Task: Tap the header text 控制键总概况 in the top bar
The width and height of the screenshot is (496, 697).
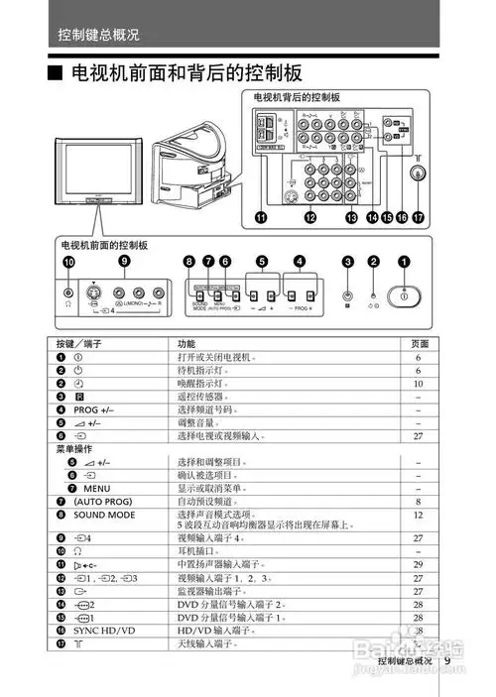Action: [x=98, y=35]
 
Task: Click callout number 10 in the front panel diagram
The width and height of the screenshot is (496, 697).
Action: [x=68, y=263]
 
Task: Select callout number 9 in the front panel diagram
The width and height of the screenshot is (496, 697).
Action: [x=124, y=260]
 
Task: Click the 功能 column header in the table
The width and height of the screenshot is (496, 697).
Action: [x=186, y=342]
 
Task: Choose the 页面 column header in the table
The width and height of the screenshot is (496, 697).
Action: [x=421, y=342]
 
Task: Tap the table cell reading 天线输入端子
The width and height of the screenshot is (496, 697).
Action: [x=208, y=643]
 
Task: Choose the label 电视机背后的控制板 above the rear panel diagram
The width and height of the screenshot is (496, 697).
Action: [x=298, y=97]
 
